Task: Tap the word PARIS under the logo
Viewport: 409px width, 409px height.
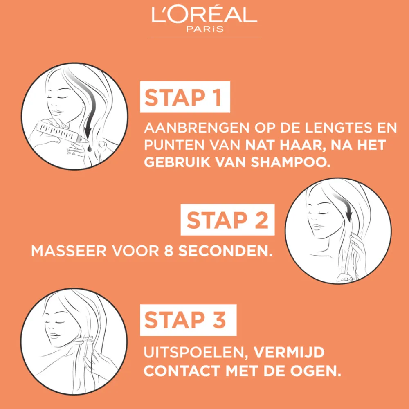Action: point(205,29)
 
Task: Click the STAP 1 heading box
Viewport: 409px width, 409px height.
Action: point(185,97)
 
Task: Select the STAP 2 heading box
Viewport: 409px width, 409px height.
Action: point(227,220)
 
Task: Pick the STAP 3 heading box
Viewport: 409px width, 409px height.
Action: point(188,320)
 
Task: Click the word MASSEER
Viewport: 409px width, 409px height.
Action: point(69,251)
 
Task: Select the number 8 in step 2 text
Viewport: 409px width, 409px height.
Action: point(169,251)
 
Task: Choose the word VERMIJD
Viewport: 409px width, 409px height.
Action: point(289,353)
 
